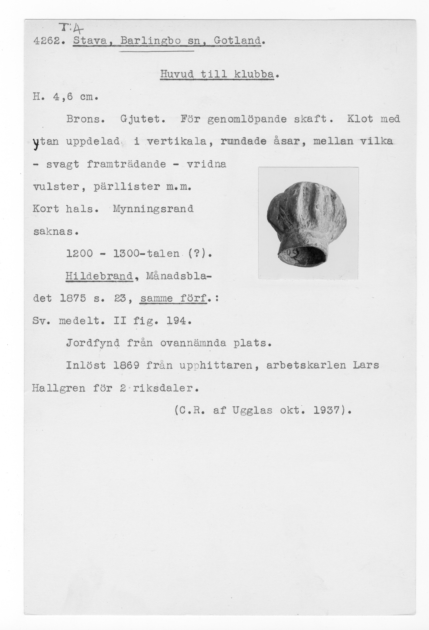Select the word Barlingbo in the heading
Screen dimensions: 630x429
click(x=150, y=41)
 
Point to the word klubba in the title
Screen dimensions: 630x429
click(x=254, y=74)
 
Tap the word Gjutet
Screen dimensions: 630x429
click(x=143, y=119)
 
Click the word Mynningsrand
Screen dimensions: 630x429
click(x=153, y=209)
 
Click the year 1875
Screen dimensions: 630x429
click(x=73, y=299)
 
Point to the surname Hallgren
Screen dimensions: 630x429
click(x=59, y=388)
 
